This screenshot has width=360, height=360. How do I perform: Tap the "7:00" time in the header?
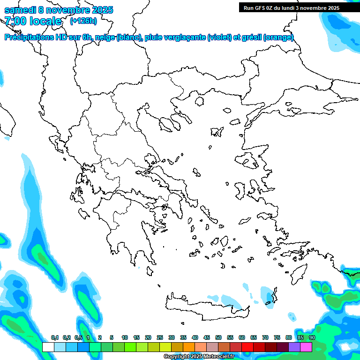point(15,21)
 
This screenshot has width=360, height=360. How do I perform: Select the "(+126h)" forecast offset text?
point(83,21)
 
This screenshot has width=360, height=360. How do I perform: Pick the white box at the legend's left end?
point(48,347)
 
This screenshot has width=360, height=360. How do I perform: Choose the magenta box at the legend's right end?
point(306,347)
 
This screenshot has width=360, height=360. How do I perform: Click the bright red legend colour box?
point(247,347)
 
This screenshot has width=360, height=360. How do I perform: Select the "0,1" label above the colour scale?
point(55,337)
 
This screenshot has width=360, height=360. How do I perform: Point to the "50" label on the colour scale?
point(218,337)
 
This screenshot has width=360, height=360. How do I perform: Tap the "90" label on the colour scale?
point(312,337)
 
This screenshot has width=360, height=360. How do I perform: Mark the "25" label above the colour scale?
point(160,337)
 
